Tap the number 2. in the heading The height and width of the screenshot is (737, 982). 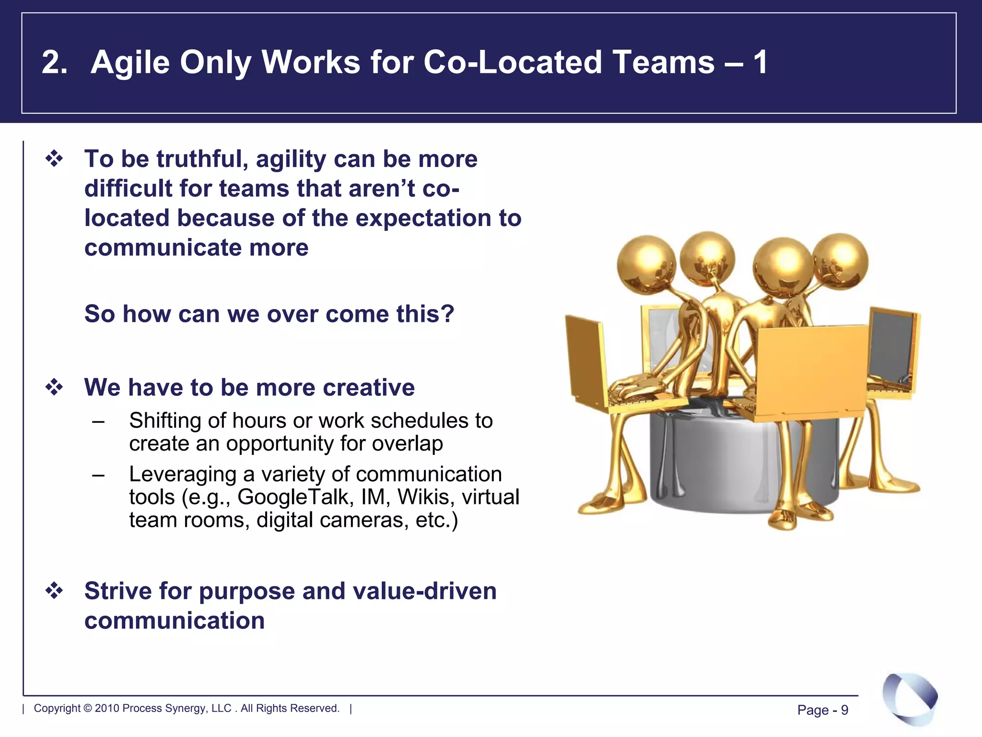pos(54,63)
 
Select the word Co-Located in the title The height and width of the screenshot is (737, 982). pos(512,63)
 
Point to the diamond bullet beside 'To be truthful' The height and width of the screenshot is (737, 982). pos(54,159)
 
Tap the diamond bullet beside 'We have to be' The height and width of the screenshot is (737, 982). pos(54,387)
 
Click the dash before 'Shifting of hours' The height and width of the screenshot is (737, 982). pos(99,421)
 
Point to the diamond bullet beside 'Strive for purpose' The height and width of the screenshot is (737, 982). pos(54,591)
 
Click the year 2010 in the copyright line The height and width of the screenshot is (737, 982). pos(107,708)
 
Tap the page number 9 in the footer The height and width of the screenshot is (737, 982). pos(844,710)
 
